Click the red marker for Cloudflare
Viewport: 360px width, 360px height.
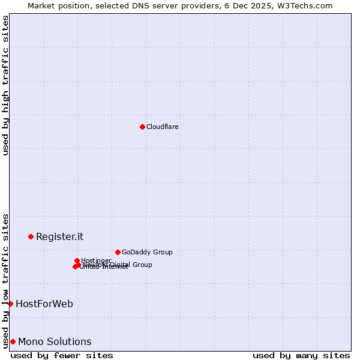(142, 127)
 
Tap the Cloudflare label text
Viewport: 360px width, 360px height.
(162, 127)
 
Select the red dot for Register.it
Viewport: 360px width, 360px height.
(31, 236)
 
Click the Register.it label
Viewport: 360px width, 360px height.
(59, 236)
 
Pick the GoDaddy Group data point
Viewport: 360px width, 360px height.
(118, 252)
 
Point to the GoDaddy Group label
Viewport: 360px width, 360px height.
(146, 252)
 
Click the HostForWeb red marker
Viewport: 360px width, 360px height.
(10, 304)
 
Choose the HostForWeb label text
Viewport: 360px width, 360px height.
(44, 304)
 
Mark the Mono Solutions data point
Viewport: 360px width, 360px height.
(13, 341)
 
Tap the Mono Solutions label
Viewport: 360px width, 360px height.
(55, 341)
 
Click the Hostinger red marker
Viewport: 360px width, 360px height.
(77, 260)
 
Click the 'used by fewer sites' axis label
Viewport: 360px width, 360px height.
(62, 355)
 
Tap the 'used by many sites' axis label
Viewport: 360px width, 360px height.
(301, 355)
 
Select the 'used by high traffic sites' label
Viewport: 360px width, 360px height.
(5, 85)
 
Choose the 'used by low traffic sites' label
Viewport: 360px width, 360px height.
(5, 280)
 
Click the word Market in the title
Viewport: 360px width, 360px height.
(41, 5)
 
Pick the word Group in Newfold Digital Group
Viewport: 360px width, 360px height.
(142, 265)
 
